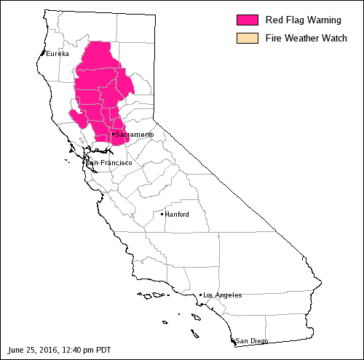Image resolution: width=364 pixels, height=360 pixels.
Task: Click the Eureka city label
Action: [x=58, y=54]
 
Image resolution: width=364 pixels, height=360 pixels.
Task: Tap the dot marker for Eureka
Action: [x=44, y=53]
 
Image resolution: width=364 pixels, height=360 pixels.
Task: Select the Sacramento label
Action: [x=135, y=135]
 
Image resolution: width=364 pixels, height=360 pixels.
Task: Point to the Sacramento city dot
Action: [x=113, y=134]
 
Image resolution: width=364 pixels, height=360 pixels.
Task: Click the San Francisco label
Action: [x=110, y=162]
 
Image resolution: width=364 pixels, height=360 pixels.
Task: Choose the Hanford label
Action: [x=177, y=215]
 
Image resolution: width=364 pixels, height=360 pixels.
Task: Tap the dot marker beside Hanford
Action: [x=162, y=214]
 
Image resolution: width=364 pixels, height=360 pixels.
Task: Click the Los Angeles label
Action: [x=223, y=295]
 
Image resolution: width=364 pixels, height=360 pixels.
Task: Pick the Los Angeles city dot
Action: [x=200, y=295]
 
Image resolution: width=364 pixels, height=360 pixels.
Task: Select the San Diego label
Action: [x=252, y=340]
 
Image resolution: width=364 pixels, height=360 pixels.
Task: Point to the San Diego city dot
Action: [x=234, y=340]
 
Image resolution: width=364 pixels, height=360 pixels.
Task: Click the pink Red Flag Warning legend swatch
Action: [x=248, y=20]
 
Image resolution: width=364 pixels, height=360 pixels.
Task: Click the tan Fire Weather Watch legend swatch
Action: [x=248, y=38]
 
